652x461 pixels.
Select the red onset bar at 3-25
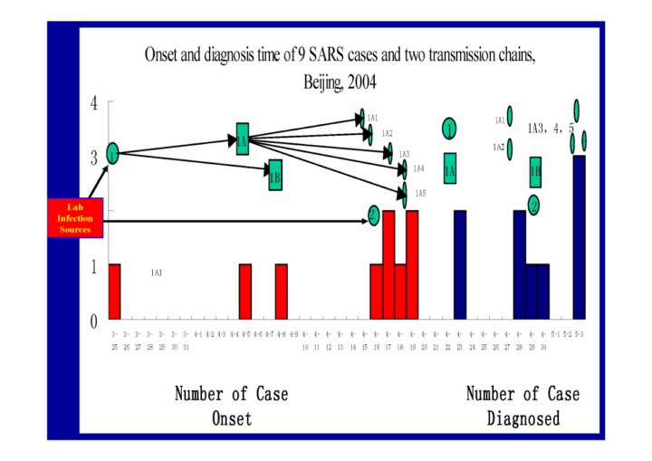(x=115, y=292)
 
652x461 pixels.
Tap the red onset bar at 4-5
(x=245, y=292)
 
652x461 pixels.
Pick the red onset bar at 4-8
(x=282, y=292)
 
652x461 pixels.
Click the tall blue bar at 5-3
(x=579, y=237)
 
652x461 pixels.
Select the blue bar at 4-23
(x=460, y=264)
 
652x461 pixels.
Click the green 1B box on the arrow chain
(x=275, y=176)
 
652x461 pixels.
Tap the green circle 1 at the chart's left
(x=112, y=154)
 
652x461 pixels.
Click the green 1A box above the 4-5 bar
(x=243, y=139)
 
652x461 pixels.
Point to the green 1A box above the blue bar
(x=450, y=168)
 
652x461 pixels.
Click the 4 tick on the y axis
(x=92, y=103)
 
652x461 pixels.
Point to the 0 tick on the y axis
(x=92, y=321)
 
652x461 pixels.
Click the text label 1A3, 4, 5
(x=551, y=128)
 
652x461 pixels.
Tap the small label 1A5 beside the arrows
(x=420, y=194)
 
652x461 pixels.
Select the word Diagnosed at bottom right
(x=523, y=418)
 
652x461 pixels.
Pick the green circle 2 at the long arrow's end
(x=373, y=215)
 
